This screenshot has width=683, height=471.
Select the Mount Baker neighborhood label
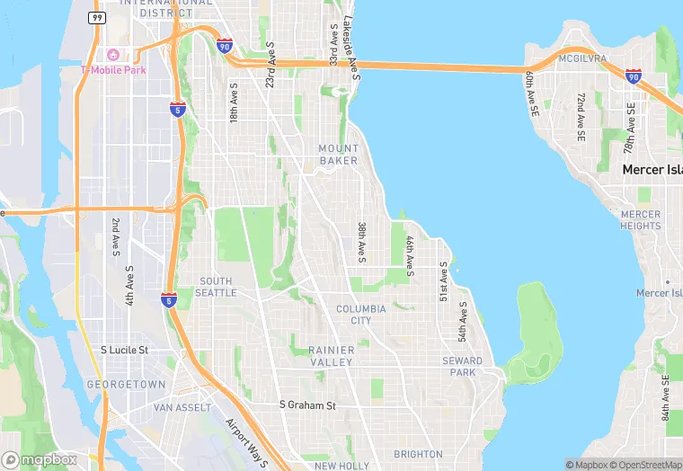[338, 155]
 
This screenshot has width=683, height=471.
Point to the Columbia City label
[360, 315]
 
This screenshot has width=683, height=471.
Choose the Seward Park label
[462, 367]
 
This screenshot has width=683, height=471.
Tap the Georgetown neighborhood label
[126, 385]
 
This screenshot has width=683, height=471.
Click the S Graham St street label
[307, 405]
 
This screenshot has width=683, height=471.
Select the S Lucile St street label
[123, 350]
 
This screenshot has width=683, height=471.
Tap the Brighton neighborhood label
[418, 454]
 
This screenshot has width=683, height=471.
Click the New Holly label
[341, 466]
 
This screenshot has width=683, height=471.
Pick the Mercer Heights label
[640, 220]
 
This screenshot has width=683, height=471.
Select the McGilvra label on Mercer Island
[582, 59]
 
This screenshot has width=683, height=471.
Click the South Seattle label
[217, 287]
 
